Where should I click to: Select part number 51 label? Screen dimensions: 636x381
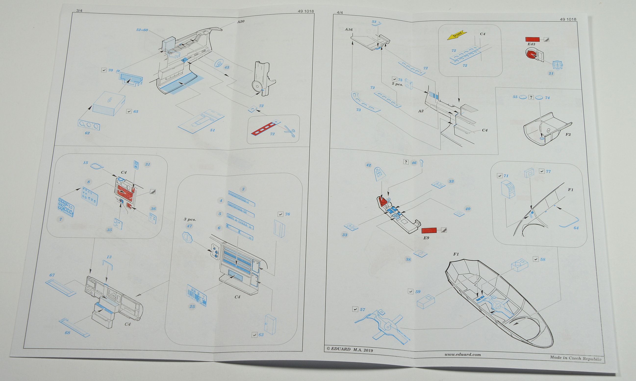[212, 130]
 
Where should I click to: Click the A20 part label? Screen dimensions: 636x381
[241, 22]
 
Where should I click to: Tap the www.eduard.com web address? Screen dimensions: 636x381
[463, 355]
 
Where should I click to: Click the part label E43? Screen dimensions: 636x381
[532, 44]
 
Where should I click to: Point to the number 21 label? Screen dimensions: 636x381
[551, 73]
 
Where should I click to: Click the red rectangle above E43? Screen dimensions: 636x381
[533, 39]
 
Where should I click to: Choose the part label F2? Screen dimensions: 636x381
[568, 134]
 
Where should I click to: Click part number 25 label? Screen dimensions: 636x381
[192, 307]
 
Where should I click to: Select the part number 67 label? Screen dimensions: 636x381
[52, 275]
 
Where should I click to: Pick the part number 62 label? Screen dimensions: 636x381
[87, 133]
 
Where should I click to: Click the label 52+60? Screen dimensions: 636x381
[142, 30]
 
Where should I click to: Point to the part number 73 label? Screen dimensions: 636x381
[358, 110]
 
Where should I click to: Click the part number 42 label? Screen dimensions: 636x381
[369, 165]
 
